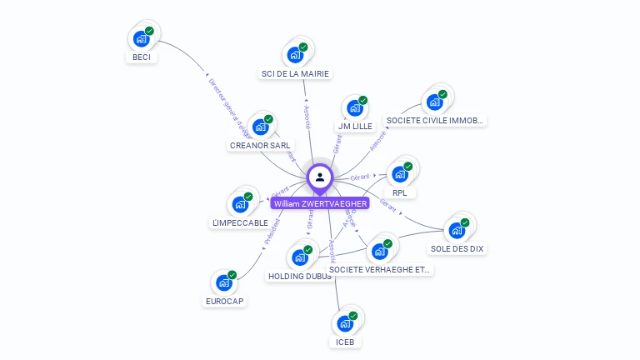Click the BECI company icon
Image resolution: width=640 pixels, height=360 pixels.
(x=141, y=38)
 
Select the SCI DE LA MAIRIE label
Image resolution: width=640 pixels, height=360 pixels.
(x=295, y=73)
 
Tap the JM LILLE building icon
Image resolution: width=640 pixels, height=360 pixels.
(x=354, y=108)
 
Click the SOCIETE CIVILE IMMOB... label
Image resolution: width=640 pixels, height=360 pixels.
(x=434, y=120)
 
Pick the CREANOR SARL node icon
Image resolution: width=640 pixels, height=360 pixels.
(x=260, y=127)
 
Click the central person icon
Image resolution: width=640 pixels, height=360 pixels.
(x=320, y=177)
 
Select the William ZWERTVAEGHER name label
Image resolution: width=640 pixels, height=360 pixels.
(x=319, y=203)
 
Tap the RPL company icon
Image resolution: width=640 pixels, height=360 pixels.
(x=400, y=174)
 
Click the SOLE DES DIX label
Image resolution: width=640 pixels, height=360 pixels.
(x=457, y=248)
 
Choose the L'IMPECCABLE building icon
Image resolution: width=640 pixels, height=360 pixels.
(x=240, y=204)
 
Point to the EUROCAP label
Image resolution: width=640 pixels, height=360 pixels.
(x=224, y=301)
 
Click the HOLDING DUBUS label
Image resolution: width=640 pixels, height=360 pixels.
(x=299, y=276)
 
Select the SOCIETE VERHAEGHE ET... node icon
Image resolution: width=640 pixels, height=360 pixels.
(x=380, y=251)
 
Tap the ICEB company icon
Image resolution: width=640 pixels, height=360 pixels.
(x=345, y=323)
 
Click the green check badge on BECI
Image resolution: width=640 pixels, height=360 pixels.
(x=149, y=31)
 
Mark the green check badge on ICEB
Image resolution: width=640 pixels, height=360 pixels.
(x=353, y=316)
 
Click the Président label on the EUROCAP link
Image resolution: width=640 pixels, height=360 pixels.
(x=272, y=230)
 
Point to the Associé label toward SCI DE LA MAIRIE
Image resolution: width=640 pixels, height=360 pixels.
(x=307, y=117)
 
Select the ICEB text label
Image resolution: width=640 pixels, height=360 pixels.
(x=345, y=342)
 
